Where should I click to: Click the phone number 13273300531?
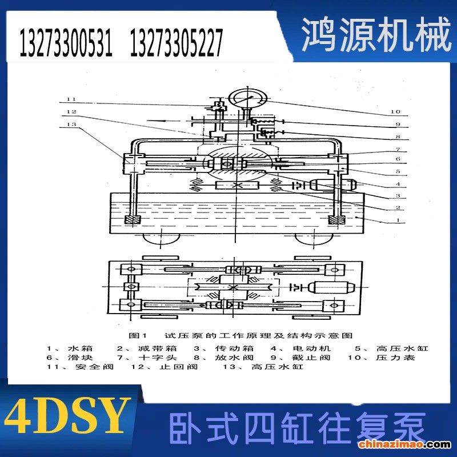(x=66, y=43)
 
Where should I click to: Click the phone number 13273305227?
(x=177, y=43)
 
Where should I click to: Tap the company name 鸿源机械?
(x=376, y=34)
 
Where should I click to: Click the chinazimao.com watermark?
(x=404, y=444)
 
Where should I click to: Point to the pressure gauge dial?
(x=247, y=98)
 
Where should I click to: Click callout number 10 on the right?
(x=395, y=111)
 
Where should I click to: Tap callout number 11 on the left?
(x=71, y=99)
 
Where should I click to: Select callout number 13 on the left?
(x=71, y=124)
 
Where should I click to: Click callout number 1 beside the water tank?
(x=398, y=221)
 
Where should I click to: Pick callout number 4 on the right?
(x=398, y=184)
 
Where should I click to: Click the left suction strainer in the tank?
(x=133, y=220)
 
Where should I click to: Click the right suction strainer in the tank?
(x=337, y=220)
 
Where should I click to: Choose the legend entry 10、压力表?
(x=381, y=358)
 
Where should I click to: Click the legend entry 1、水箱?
(x=70, y=348)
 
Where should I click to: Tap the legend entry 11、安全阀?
(x=80, y=367)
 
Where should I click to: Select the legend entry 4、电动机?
(x=300, y=348)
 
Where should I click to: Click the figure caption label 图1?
(x=138, y=336)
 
